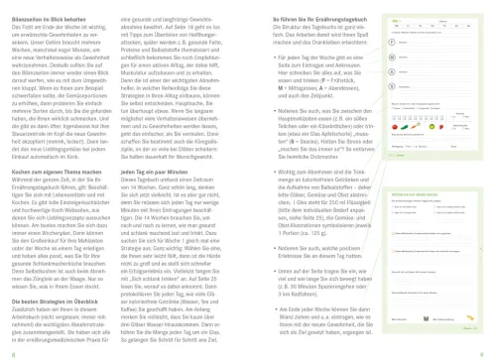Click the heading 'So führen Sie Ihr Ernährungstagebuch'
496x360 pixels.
click(x=294, y=17)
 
